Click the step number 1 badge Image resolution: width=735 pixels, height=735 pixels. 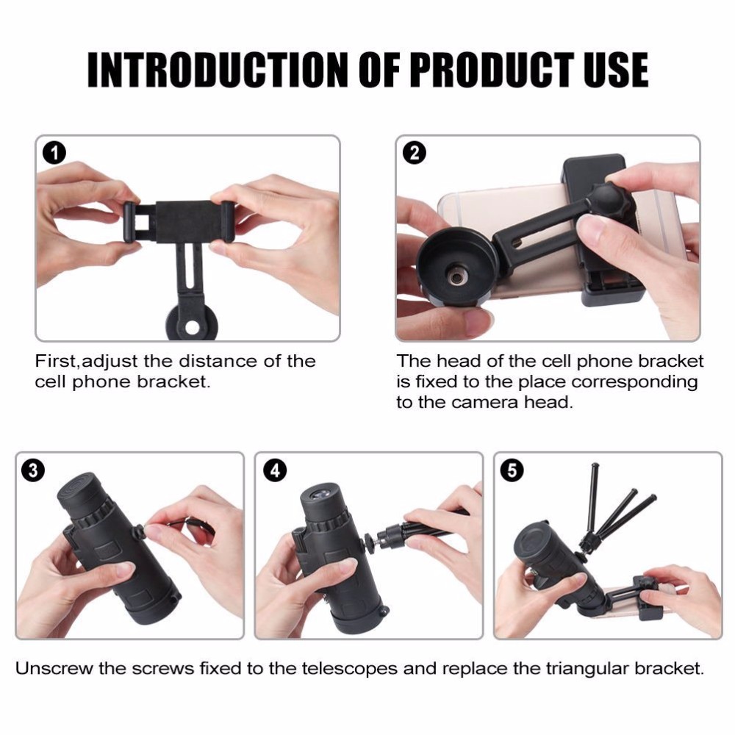(x=54, y=154)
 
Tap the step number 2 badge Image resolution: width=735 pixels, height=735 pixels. (x=415, y=153)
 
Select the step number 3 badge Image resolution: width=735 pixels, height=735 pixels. (x=33, y=470)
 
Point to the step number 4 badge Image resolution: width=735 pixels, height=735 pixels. (x=275, y=470)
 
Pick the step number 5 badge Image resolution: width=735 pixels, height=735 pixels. (x=512, y=470)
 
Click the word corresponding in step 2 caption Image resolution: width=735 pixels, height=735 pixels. (x=635, y=382)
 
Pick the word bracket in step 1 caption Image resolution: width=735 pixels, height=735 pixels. (x=174, y=382)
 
